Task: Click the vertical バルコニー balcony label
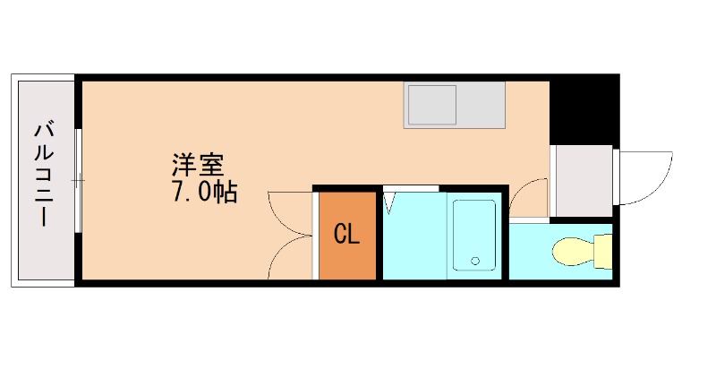point(43,174)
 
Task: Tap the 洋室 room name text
point(197,165)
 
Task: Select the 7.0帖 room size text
point(205,192)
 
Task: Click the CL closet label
point(346,235)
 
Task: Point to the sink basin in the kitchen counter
point(433,106)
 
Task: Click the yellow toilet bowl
point(573,251)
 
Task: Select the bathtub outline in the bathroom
point(473,235)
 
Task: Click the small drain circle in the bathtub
point(475,262)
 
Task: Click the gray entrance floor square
point(581,180)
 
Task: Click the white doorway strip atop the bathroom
point(411,188)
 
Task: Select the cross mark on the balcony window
point(78,181)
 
